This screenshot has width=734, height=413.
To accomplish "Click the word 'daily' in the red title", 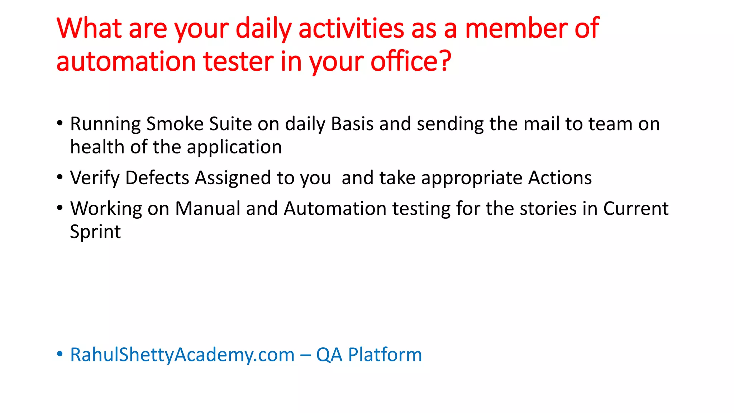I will click(x=263, y=29).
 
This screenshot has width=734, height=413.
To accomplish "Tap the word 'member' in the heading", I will click(x=516, y=29).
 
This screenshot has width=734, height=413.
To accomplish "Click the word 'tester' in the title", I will click(x=238, y=62).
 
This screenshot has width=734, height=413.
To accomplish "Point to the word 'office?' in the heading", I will click(x=411, y=62).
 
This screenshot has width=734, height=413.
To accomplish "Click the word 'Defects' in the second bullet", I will click(x=157, y=178).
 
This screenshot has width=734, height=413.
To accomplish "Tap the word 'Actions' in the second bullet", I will click(x=560, y=178).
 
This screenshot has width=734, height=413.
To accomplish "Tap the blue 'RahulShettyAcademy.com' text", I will click(x=182, y=355).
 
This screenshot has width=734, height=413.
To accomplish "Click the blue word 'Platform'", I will click(x=385, y=355).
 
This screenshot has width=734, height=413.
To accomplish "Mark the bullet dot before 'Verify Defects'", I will click(x=60, y=177).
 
